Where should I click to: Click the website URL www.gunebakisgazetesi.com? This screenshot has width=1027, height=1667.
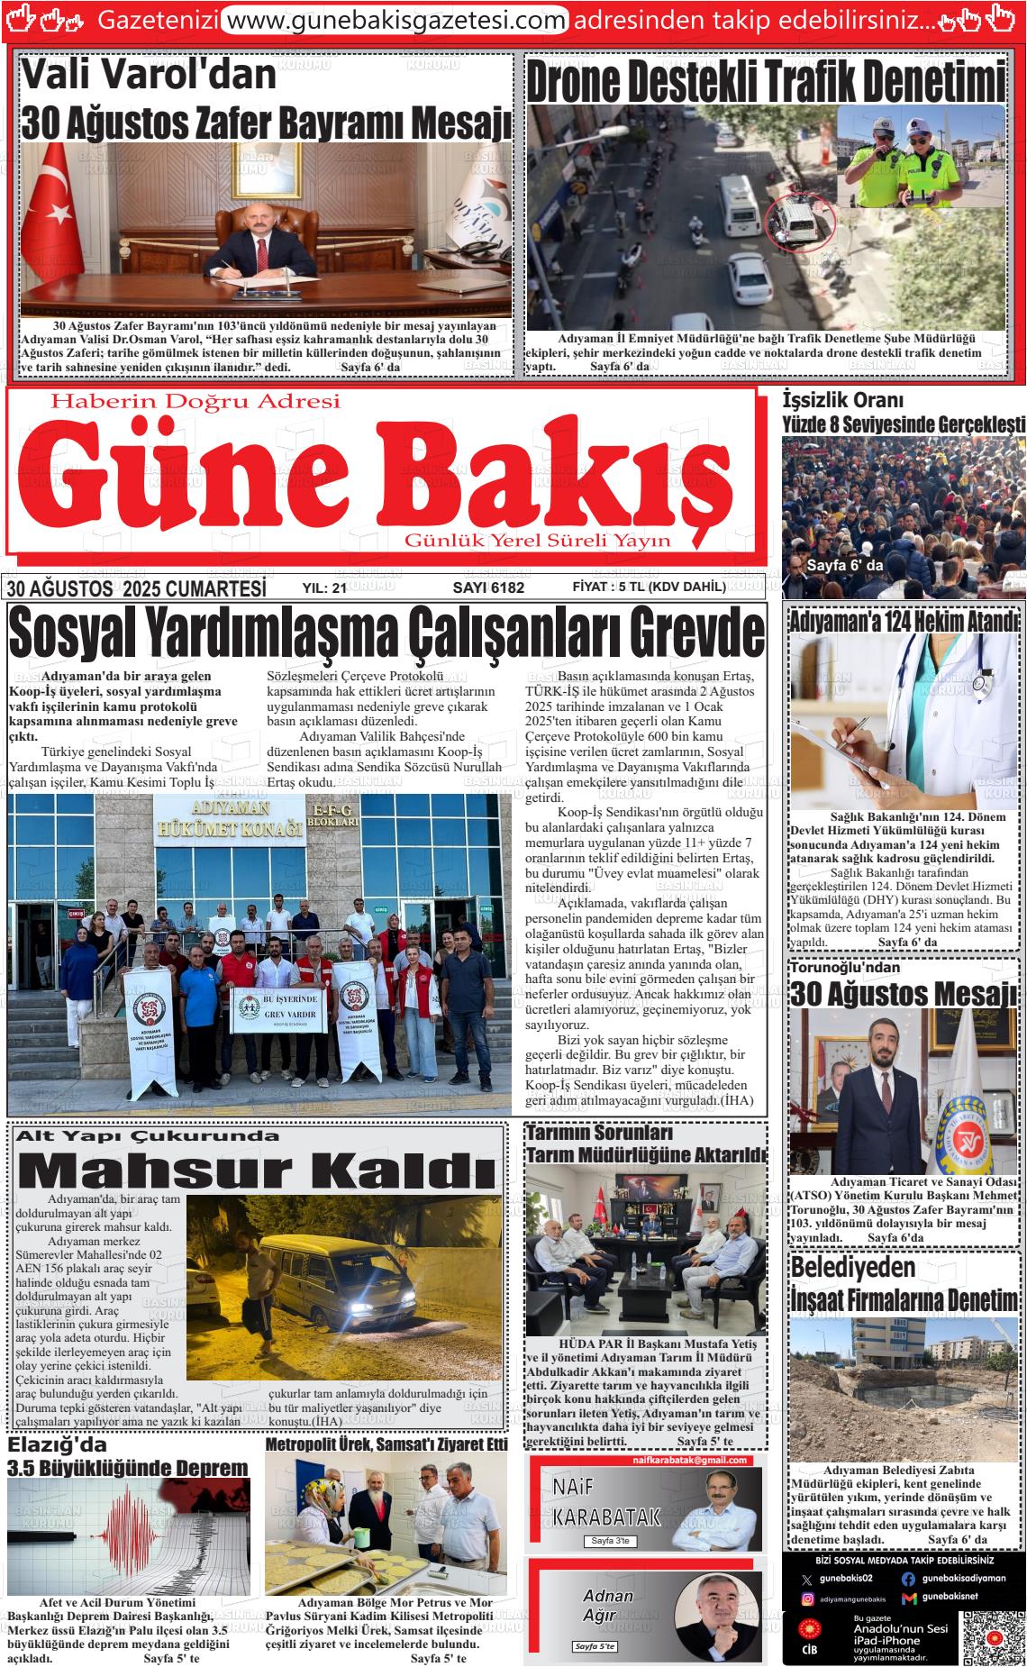394,19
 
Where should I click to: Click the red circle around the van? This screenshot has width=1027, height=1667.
800,221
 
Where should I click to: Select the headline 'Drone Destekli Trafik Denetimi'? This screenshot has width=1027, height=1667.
765,84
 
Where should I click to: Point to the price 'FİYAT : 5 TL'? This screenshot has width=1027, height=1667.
649,588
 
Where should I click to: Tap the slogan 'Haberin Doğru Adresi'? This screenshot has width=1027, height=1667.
195,401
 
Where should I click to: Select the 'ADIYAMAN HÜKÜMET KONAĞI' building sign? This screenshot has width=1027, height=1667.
228,820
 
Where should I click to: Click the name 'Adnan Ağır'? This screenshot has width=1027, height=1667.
608,1606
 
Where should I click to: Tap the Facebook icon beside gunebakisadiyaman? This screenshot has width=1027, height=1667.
907,1578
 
